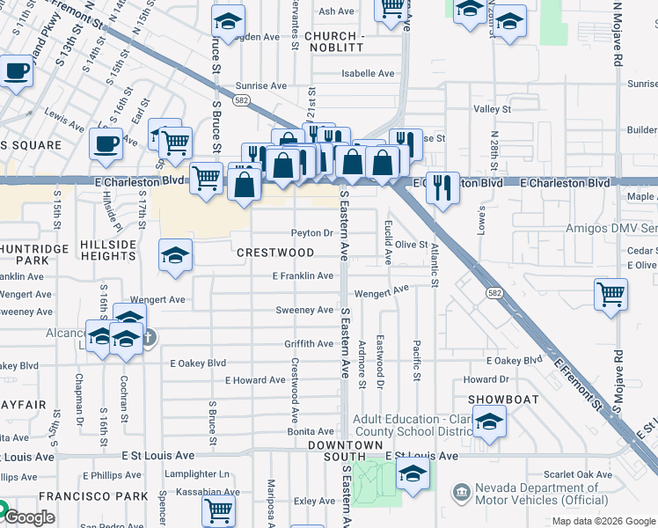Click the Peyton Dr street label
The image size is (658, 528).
pos(312,233)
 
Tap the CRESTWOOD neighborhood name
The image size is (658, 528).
pos(275,253)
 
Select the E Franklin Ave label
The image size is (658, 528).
pos(303,275)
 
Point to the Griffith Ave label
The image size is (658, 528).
pos(309,343)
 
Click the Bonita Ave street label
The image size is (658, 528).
pos(311,431)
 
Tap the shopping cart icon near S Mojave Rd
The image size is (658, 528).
pos(610,295)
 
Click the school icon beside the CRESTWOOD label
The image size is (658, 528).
pos(175,256)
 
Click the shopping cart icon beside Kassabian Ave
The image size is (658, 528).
pos(218,510)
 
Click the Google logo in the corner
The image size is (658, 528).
pos(28,517)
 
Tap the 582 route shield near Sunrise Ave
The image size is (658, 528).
pos(240,101)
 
